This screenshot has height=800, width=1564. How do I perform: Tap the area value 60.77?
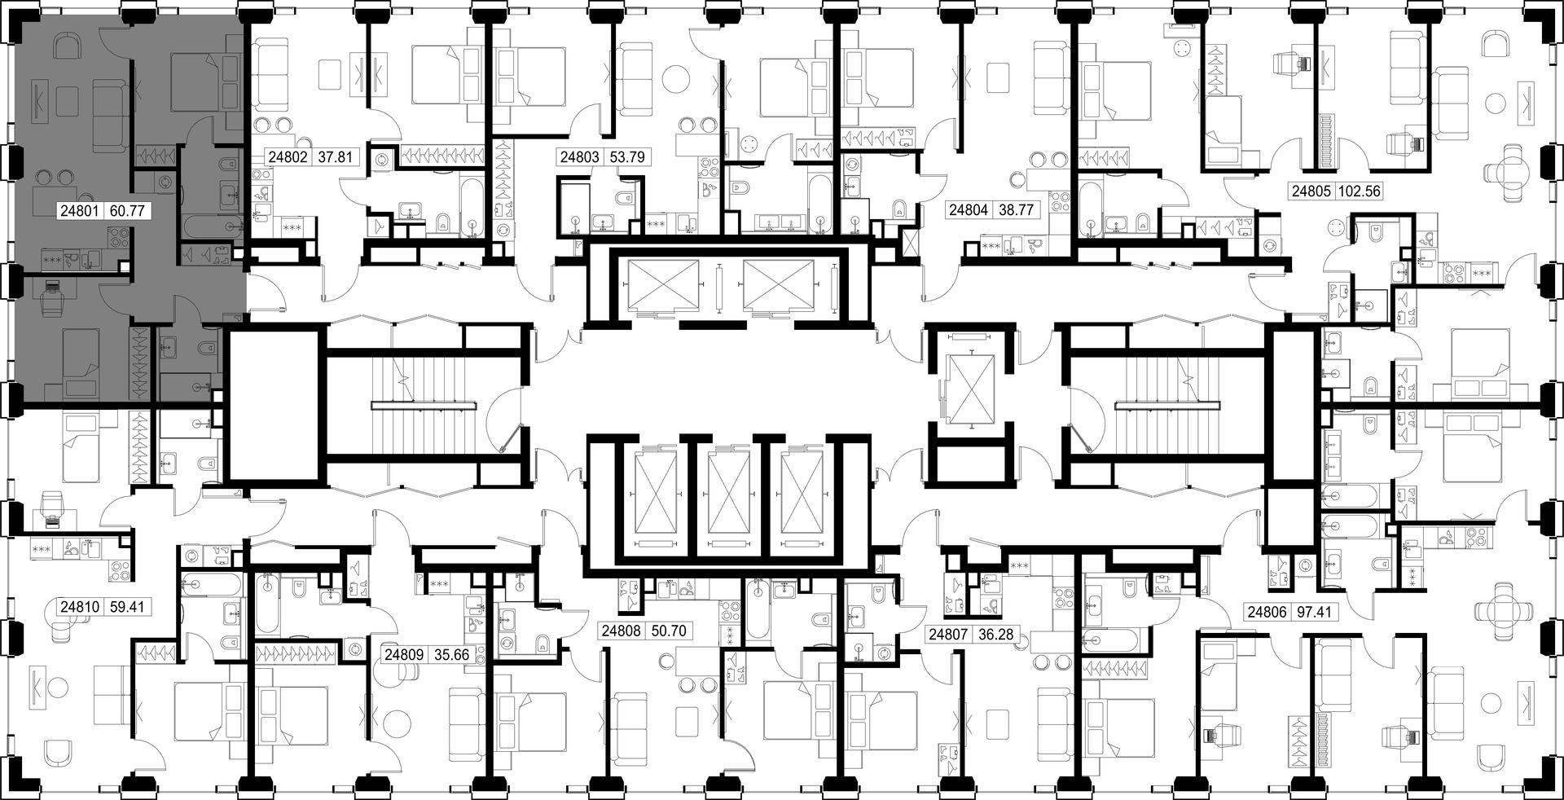point(126,211)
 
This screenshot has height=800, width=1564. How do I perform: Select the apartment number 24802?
point(288,156)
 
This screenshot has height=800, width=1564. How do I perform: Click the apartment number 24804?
point(969,210)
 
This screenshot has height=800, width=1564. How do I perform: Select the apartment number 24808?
point(622,631)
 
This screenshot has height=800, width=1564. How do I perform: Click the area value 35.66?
point(452,654)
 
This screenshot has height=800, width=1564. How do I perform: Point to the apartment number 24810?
point(79,607)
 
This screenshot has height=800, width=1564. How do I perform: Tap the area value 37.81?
point(336,156)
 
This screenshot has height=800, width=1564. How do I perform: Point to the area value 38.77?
point(1016,210)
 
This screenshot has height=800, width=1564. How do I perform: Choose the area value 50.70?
point(669,631)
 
